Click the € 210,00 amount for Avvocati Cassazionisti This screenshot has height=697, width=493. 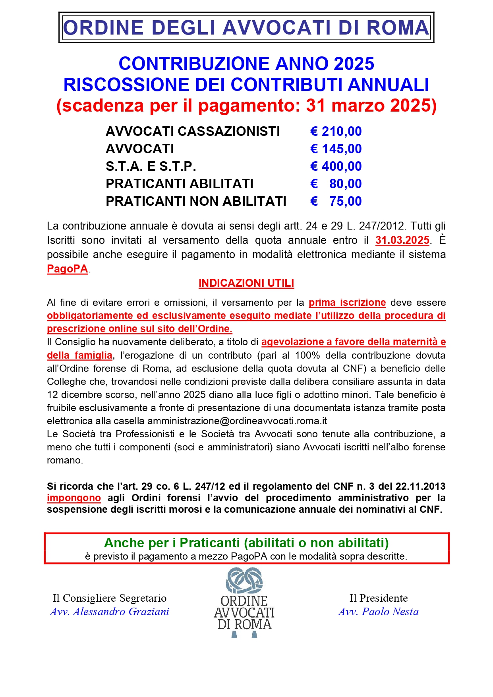pyautogui.click(x=336, y=131)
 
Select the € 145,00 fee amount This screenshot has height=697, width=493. pyautogui.click(x=336, y=149)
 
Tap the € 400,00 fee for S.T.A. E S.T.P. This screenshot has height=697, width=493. pyautogui.click(x=336, y=166)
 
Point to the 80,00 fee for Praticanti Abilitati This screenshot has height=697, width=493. pyautogui.click(x=345, y=184)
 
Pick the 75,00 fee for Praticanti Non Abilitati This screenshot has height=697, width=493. pyautogui.click(x=345, y=201)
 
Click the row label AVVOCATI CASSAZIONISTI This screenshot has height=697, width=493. pyautogui.click(x=193, y=131)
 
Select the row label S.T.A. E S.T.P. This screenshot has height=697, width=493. pyautogui.click(x=151, y=166)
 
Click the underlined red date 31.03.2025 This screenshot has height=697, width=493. pyautogui.click(x=402, y=240)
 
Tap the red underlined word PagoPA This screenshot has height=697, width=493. pyautogui.click(x=67, y=269)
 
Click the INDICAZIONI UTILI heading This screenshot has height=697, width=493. pyautogui.click(x=246, y=283)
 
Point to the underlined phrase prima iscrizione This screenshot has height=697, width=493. pyautogui.click(x=347, y=303)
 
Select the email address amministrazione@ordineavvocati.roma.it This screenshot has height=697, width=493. pyautogui.click(x=237, y=421)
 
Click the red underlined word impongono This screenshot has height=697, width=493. pyautogui.click(x=73, y=498)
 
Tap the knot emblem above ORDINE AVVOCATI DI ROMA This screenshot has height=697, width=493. pyautogui.click(x=244, y=581)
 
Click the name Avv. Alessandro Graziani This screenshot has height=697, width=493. pyautogui.click(x=110, y=612)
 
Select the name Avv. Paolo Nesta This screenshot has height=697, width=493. pyautogui.click(x=378, y=612)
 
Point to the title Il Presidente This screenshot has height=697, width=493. pyautogui.click(x=378, y=598)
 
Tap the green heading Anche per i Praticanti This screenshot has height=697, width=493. pyautogui.click(x=246, y=543)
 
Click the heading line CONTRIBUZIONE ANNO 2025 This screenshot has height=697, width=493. pyautogui.click(x=246, y=64)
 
